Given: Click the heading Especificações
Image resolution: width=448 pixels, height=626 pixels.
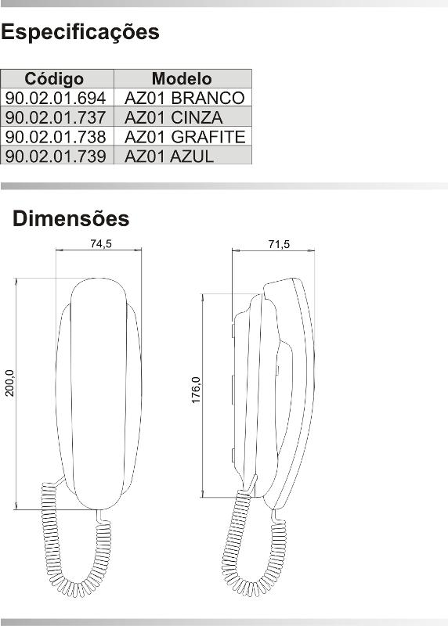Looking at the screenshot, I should tap(80, 33).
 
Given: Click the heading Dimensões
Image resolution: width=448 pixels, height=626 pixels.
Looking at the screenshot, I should tap(70, 218).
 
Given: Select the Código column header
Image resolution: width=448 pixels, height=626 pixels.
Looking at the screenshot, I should tap(54, 79).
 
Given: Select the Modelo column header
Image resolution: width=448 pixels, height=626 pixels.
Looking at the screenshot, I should tap(182, 79).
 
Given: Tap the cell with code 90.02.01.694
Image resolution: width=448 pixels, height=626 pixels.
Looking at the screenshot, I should tap(56, 98).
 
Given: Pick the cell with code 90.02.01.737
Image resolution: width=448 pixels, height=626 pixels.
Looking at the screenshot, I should tap(56, 117).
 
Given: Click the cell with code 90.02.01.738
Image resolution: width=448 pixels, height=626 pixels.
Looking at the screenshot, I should tap(56, 136).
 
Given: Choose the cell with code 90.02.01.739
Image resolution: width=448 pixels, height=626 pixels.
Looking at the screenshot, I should tap(56, 155).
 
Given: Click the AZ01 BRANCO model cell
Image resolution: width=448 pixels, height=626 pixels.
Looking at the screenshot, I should tap(185, 98).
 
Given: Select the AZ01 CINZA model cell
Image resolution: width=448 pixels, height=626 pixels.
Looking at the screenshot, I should tap(174, 117).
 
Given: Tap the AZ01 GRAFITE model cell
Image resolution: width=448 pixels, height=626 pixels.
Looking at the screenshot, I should tap(185, 136).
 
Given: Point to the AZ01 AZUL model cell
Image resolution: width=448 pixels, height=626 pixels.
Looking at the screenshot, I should tap(169, 155).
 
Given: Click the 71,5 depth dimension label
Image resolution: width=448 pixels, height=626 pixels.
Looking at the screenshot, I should tap(279, 243).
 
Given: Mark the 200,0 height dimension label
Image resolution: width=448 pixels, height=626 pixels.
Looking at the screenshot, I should tap(9, 383).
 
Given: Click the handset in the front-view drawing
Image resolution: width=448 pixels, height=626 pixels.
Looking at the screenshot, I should tap(99, 391).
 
